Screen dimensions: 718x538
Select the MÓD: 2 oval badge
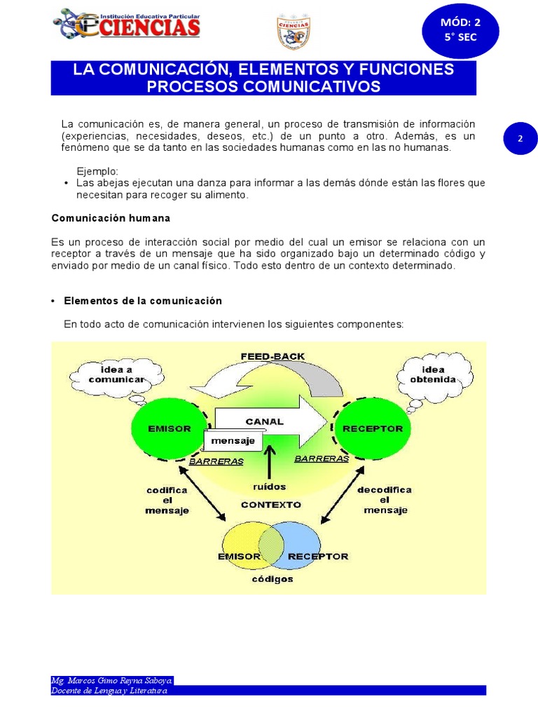(x=460, y=29)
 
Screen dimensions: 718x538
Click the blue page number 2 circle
(x=520, y=139)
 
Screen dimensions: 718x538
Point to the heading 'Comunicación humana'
(x=110, y=218)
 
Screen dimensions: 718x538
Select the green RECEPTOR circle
(x=372, y=428)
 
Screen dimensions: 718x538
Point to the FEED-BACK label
(x=273, y=356)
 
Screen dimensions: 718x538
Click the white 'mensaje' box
(x=233, y=440)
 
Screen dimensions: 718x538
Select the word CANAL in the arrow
(x=264, y=421)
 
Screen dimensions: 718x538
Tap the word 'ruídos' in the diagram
(x=270, y=486)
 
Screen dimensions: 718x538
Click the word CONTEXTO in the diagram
(x=270, y=504)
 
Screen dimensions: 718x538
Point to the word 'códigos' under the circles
(x=273, y=579)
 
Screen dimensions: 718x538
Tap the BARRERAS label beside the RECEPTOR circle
(x=322, y=459)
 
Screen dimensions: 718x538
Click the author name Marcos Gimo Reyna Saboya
(x=111, y=680)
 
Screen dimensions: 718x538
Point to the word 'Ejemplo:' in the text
(x=97, y=172)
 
